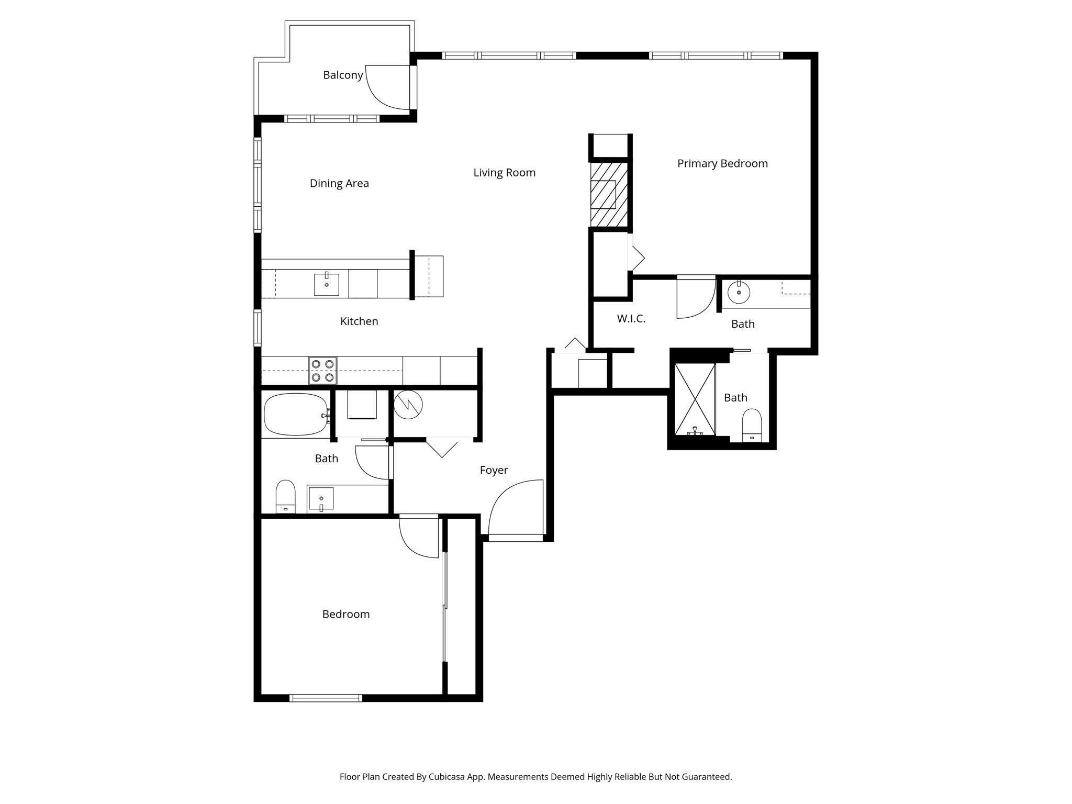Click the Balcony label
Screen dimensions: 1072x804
pyautogui.click(x=343, y=75)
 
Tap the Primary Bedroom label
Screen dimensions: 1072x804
pyautogui.click(x=722, y=163)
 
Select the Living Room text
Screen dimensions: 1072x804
pyautogui.click(x=504, y=173)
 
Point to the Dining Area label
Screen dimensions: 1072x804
pyautogui.click(x=339, y=183)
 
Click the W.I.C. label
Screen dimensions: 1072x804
pyautogui.click(x=631, y=318)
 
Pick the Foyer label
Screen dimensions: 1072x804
pyautogui.click(x=494, y=470)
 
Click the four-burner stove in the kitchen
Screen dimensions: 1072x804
pyautogui.click(x=322, y=371)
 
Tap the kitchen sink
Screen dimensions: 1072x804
pyautogui.click(x=327, y=284)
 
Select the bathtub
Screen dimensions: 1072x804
pyautogui.click(x=296, y=415)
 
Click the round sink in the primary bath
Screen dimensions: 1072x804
pyautogui.click(x=739, y=293)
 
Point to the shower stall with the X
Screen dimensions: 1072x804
pyautogui.click(x=695, y=399)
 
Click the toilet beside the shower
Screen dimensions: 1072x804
pyautogui.click(x=752, y=426)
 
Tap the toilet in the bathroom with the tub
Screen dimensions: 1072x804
pyautogui.click(x=285, y=497)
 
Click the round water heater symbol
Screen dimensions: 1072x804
pyautogui.click(x=408, y=405)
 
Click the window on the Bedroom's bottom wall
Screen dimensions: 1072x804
pyautogui.click(x=326, y=698)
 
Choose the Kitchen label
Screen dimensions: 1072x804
pyautogui.click(x=359, y=321)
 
